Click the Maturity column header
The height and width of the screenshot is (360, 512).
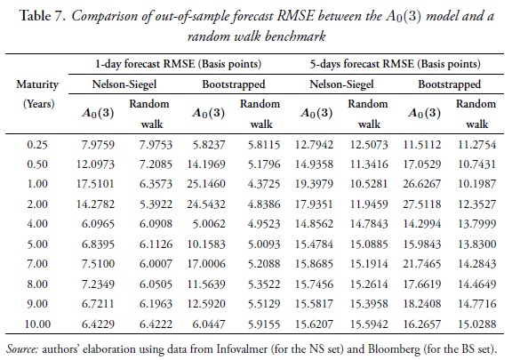pyautogui.click(x=37, y=84)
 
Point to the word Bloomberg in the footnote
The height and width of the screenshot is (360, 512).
pyautogui.click(x=401, y=347)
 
